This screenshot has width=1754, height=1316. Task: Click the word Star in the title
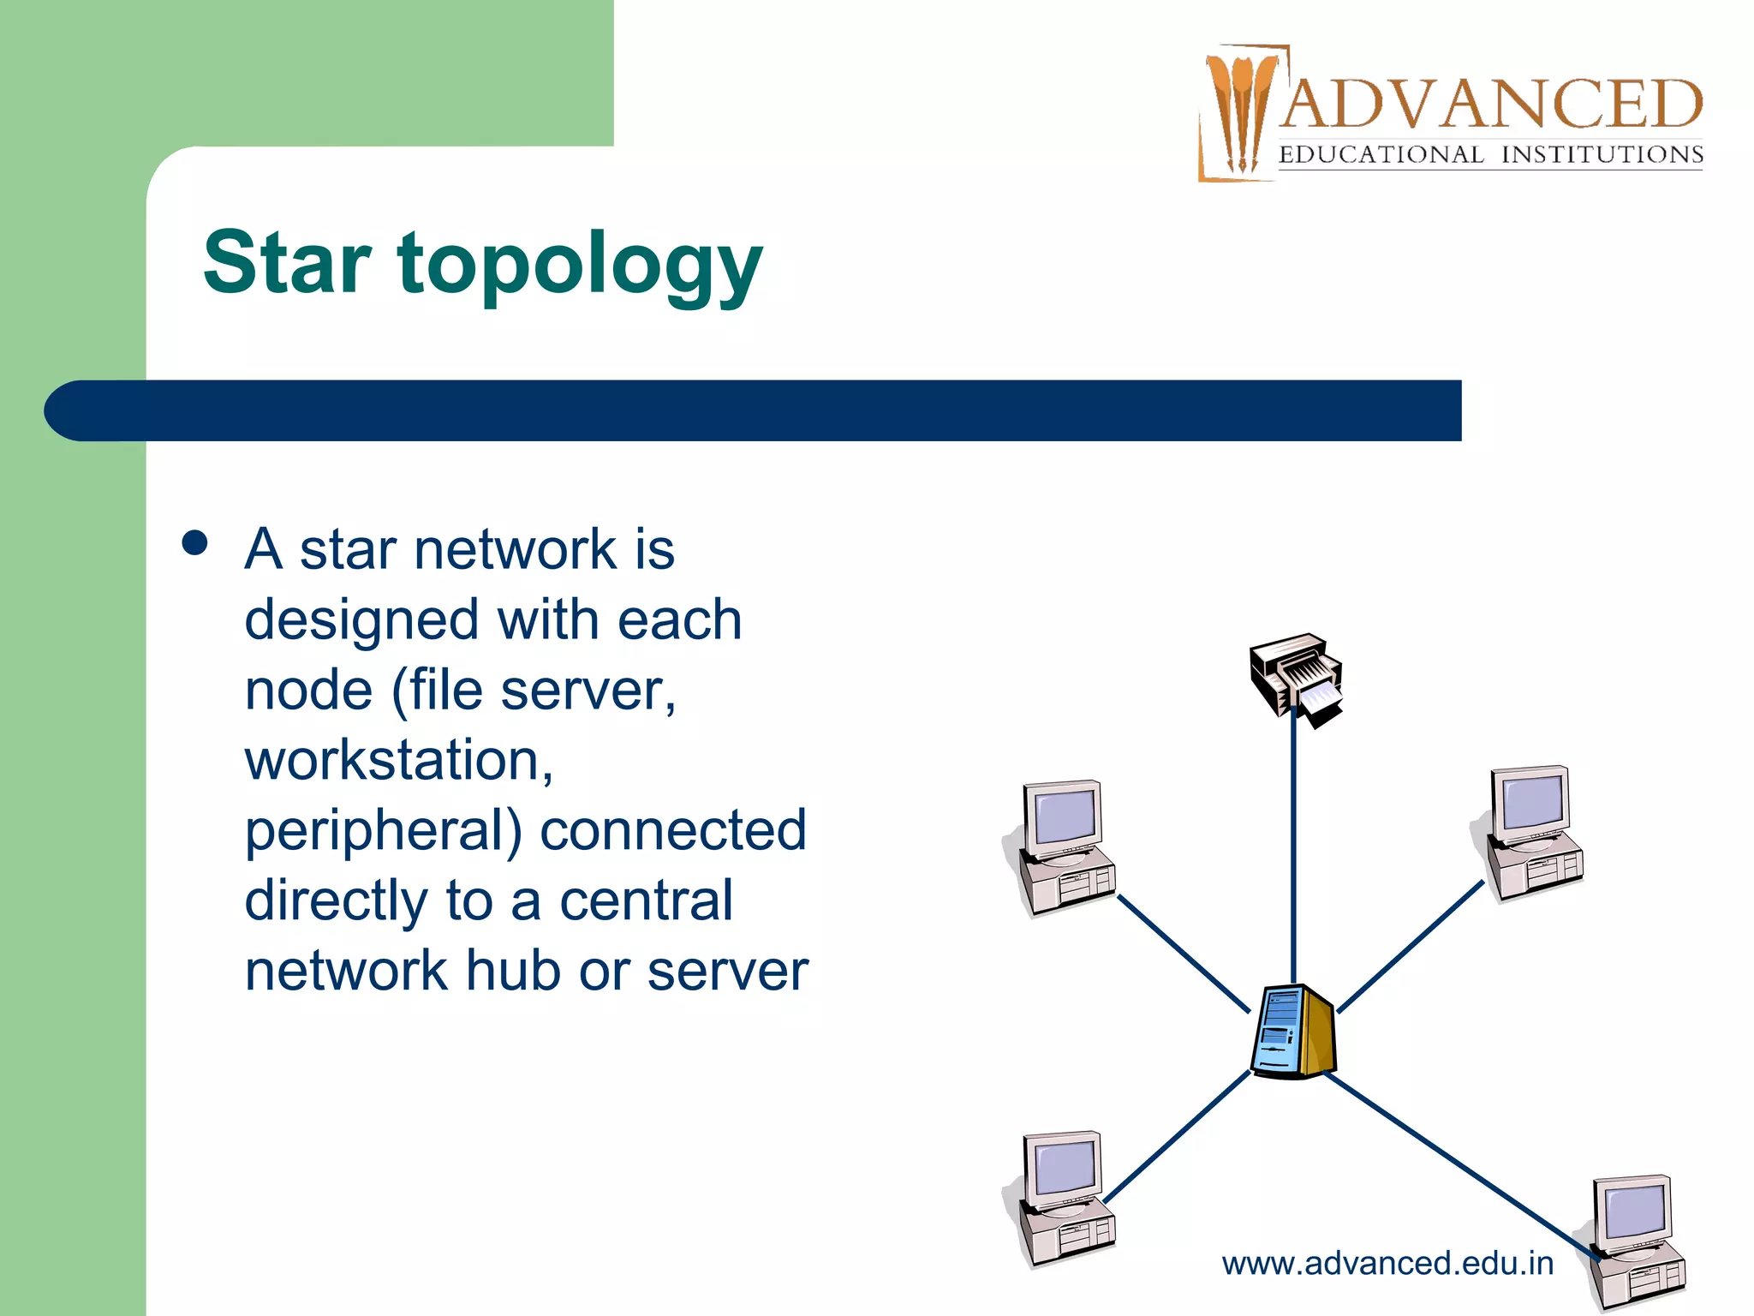click(x=287, y=263)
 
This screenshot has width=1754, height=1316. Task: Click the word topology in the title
click(x=580, y=266)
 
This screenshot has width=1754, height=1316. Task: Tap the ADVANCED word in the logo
click(x=1490, y=105)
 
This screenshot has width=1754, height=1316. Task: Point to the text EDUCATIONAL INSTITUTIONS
click(x=1490, y=155)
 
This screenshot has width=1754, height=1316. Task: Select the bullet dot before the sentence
click(x=195, y=543)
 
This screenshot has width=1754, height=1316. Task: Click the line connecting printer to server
click(x=1293, y=848)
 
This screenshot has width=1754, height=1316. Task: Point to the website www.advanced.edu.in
click(x=1387, y=1264)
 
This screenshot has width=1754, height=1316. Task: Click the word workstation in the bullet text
click(x=398, y=760)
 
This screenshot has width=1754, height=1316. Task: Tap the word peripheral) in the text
click(x=383, y=832)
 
